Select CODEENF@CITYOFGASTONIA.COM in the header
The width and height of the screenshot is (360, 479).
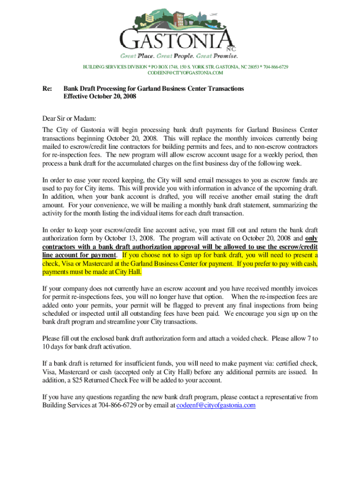tap(186, 73)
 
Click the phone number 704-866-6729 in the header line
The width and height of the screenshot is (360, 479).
tap(276, 67)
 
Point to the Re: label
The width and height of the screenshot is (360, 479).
tap(47, 88)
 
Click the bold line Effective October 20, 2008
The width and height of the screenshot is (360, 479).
tap(100, 97)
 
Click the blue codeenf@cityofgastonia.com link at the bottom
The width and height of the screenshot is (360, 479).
tap(216, 405)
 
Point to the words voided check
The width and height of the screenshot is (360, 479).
tap(244, 338)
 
